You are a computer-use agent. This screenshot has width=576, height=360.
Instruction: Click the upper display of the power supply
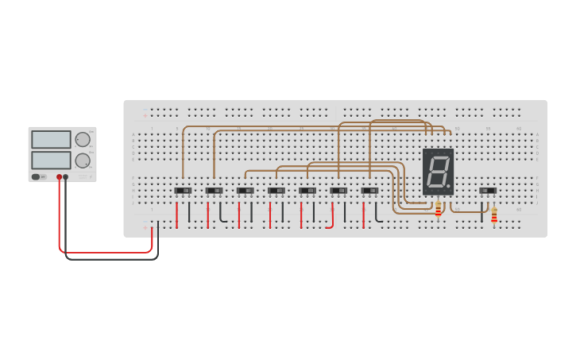click(x=51, y=139)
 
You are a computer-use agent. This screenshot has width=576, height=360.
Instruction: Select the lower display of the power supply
click(x=51, y=160)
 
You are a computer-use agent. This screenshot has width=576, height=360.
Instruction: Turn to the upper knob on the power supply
click(x=83, y=140)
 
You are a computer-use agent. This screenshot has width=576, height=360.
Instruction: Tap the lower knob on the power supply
click(x=83, y=161)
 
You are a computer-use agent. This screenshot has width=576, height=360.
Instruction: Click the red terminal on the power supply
click(x=59, y=177)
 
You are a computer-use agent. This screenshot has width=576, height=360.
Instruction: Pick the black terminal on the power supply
click(x=66, y=177)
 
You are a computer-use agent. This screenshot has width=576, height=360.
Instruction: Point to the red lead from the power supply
click(x=103, y=253)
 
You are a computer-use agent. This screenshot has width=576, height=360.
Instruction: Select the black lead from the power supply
click(x=111, y=259)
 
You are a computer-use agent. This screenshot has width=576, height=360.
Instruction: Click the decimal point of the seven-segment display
click(x=448, y=187)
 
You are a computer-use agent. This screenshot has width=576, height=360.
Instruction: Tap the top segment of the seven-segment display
click(x=439, y=156)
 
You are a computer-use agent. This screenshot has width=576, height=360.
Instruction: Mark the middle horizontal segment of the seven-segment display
click(x=437, y=171)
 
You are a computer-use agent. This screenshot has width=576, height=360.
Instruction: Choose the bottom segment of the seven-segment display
click(x=435, y=187)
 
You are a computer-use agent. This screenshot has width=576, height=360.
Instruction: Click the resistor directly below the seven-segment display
click(x=438, y=208)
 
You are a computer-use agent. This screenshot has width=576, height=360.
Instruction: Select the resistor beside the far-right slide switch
click(x=493, y=215)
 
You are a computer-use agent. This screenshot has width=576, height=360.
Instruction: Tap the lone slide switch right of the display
click(x=488, y=191)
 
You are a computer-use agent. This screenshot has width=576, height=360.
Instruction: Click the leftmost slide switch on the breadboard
click(x=183, y=191)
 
